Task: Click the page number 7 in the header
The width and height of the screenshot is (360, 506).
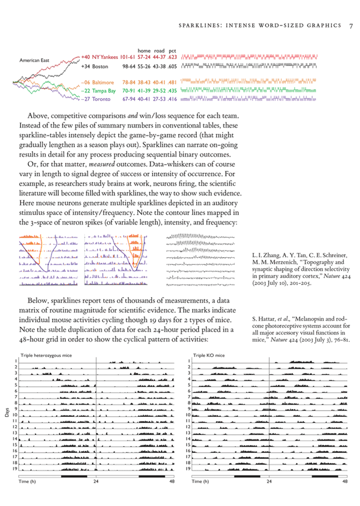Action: [351, 25]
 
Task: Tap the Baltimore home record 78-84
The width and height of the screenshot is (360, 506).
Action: [128, 82]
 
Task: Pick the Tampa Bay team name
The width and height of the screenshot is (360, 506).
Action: [104, 90]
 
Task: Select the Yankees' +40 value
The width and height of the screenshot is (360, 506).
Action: [85, 57]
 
